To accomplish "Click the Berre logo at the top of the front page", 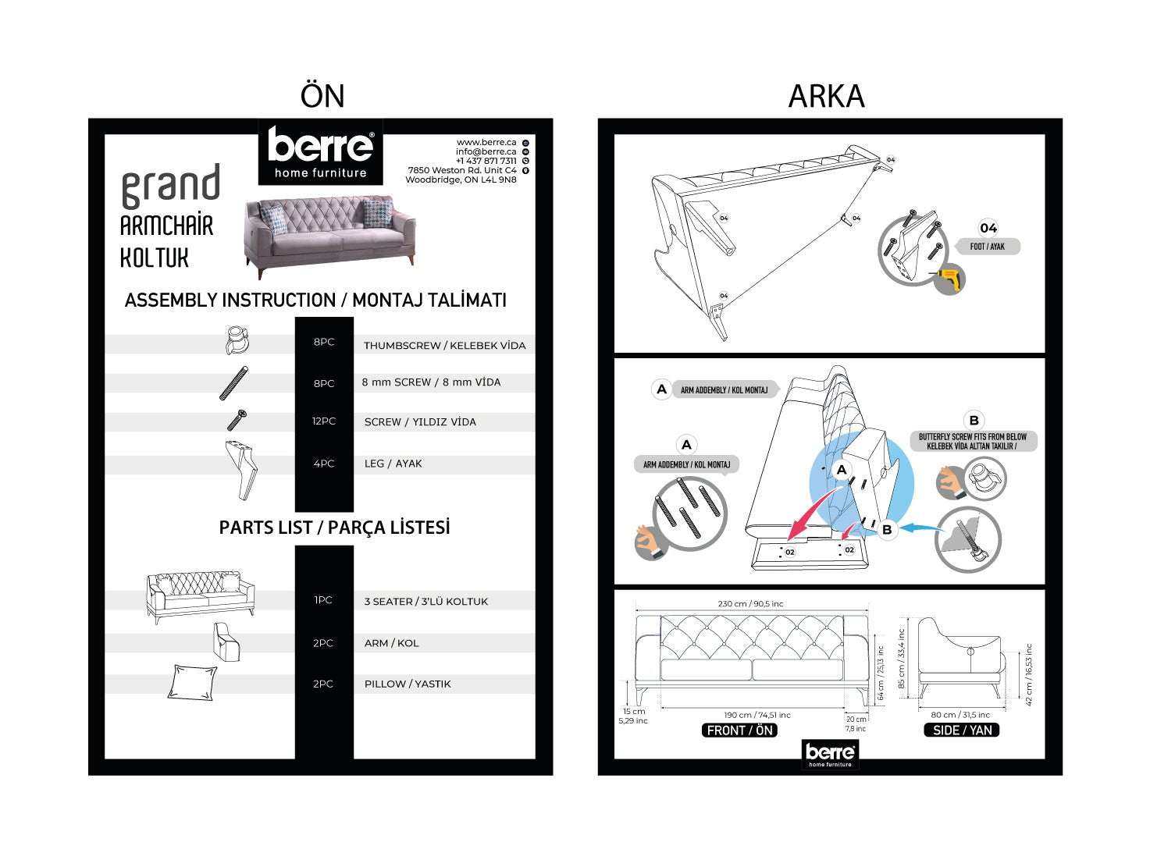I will click(320, 152).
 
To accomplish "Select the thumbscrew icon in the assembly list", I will click(236, 341).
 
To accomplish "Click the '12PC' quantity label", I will click(324, 421).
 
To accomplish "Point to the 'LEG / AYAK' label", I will click(393, 464).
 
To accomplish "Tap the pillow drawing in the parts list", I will click(192, 683).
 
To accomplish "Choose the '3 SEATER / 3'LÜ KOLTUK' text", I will click(425, 602).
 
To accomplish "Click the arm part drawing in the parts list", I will click(226, 642).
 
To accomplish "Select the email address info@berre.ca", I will click(486, 151).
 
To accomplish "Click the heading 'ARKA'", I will click(826, 97).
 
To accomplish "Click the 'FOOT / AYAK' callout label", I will click(987, 247).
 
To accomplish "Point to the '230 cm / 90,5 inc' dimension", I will click(750, 603).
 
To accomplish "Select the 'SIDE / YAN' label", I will click(962, 730).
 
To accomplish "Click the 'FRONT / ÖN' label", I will click(739, 730).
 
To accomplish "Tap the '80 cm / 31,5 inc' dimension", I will click(960, 715).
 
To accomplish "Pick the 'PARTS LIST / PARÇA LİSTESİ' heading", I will click(334, 528).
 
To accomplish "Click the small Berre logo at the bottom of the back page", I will click(830, 755).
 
